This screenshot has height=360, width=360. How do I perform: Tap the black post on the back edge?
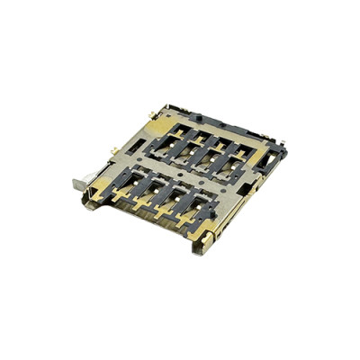click(196, 118)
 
